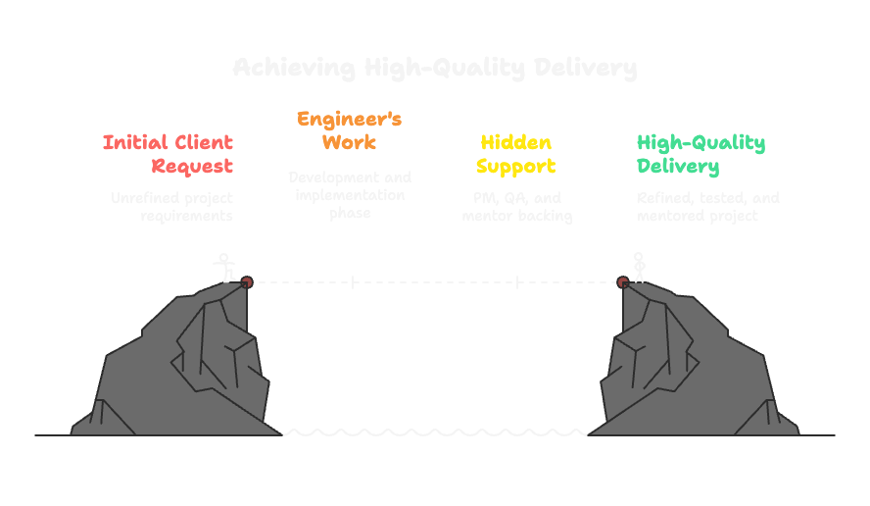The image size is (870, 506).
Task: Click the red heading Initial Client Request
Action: pos(169,154)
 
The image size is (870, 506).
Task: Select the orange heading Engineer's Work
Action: pos(349,130)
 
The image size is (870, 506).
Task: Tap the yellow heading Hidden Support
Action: pos(515,154)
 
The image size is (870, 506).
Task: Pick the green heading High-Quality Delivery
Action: pos(701,154)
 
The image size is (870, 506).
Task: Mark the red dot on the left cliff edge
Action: pos(247,282)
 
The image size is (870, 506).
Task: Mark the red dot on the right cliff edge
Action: pos(623,282)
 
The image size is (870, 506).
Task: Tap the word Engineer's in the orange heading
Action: pos(349,120)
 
